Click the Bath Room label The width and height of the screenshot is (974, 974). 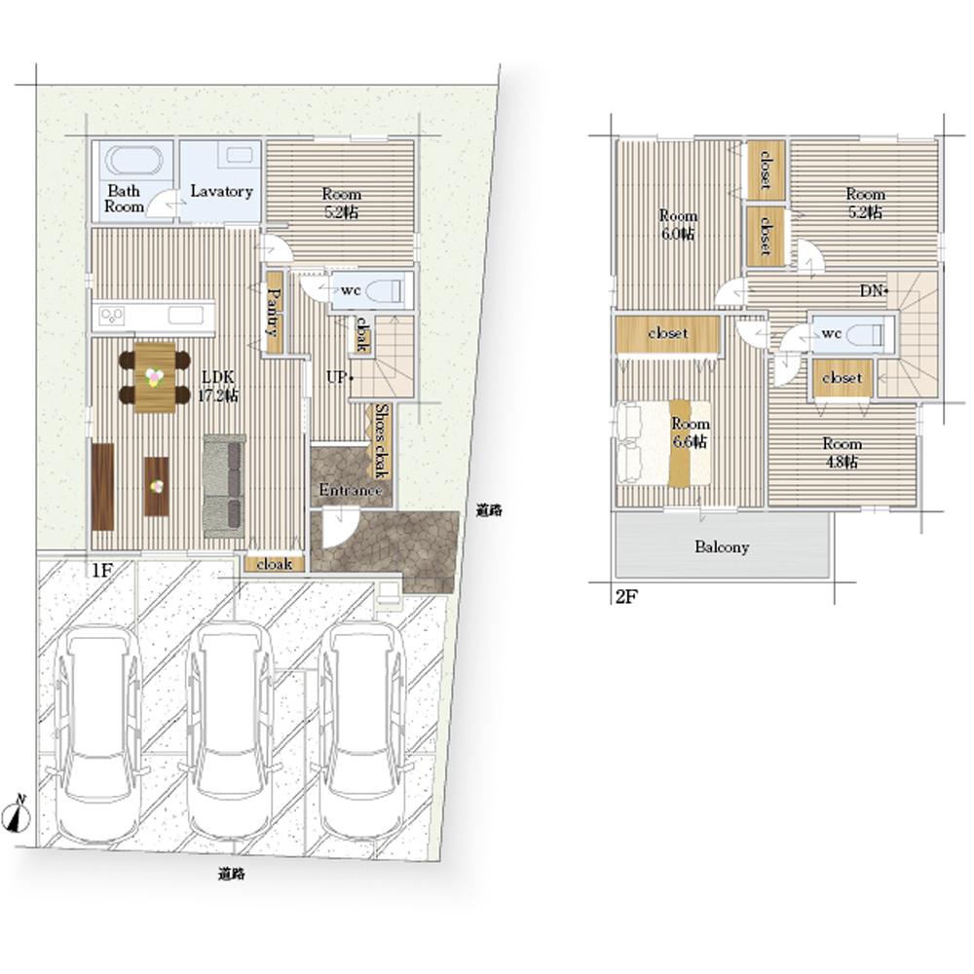(124, 199)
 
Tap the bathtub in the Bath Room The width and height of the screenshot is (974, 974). (133, 162)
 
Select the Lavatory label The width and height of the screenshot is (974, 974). (221, 191)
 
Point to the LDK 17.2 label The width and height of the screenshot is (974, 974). (217, 386)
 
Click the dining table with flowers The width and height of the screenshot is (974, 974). (155, 377)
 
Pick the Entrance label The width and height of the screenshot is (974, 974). (350, 490)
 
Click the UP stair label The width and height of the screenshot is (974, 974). (337, 376)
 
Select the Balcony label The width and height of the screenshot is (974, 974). (721, 547)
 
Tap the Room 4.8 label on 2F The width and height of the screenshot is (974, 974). (842, 453)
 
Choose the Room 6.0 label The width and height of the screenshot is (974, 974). (678, 225)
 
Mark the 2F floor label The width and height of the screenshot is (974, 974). (626, 597)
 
